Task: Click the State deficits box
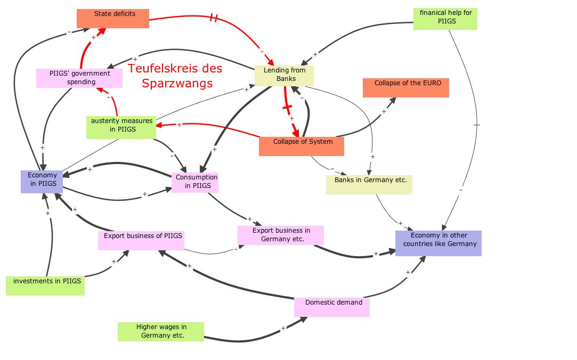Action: click(x=112, y=18)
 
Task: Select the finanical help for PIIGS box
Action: click(x=445, y=19)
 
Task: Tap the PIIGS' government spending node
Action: click(x=79, y=78)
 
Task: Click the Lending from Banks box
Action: click(x=284, y=76)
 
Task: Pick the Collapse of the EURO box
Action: click(x=405, y=88)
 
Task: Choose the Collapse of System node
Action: click(x=301, y=146)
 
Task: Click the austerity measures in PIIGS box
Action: click(x=121, y=127)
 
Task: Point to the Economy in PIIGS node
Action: click(x=42, y=182)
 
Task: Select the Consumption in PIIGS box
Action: click(x=195, y=182)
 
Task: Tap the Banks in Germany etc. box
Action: click(x=369, y=184)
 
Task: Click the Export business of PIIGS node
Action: click(x=141, y=240)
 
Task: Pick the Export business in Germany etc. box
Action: click(x=281, y=235)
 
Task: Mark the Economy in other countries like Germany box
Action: click(x=438, y=243)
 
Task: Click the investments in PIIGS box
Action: click(x=45, y=285)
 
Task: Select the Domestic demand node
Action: click(x=331, y=307)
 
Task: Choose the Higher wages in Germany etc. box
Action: click(x=160, y=331)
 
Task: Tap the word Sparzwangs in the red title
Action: click(x=177, y=84)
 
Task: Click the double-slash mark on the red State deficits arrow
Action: click(x=214, y=18)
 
